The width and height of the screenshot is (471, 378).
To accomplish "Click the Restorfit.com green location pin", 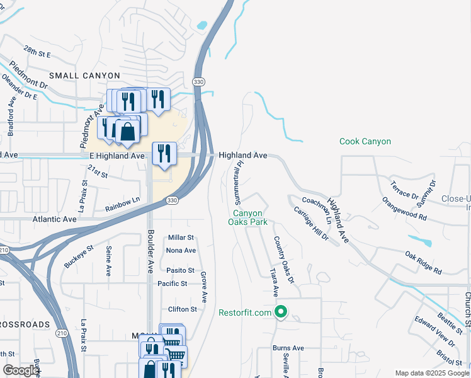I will (281, 312).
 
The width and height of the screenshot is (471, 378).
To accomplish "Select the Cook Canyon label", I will (365, 142).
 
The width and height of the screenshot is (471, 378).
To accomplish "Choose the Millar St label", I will (181, 238).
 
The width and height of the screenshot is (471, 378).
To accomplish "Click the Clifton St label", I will (183, 309).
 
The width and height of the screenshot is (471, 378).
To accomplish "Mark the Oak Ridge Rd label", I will (423, 263).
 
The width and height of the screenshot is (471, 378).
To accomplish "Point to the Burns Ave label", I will (288, 348).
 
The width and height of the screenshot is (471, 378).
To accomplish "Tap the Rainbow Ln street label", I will (122, 204).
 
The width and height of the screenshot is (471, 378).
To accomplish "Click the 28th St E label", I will (37, 51).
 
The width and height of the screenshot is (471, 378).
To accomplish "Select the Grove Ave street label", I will (203, 286).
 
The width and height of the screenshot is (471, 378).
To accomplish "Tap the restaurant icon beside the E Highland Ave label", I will (164, 153).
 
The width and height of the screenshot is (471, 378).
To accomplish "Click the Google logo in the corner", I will (21, 370).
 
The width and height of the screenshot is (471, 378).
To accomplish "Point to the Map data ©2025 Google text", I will (431, 373).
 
